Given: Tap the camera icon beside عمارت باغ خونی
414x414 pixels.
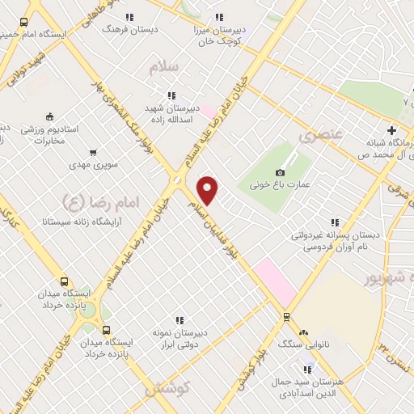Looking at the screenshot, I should [281, 172].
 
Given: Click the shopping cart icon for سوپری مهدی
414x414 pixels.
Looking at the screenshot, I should [93, 152].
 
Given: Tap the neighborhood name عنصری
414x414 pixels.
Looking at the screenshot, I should [321, 135].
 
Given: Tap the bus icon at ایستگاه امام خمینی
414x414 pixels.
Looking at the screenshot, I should [23, 23].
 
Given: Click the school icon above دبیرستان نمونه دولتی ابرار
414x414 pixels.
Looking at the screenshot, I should [180, 320].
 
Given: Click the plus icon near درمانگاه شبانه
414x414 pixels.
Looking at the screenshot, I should [392, 129].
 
